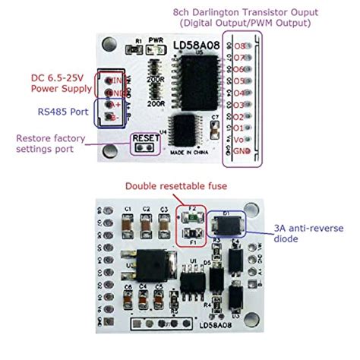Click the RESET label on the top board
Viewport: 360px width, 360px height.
tap(145, 138)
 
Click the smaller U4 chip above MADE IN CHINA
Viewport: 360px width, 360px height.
tap(185, 125)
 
